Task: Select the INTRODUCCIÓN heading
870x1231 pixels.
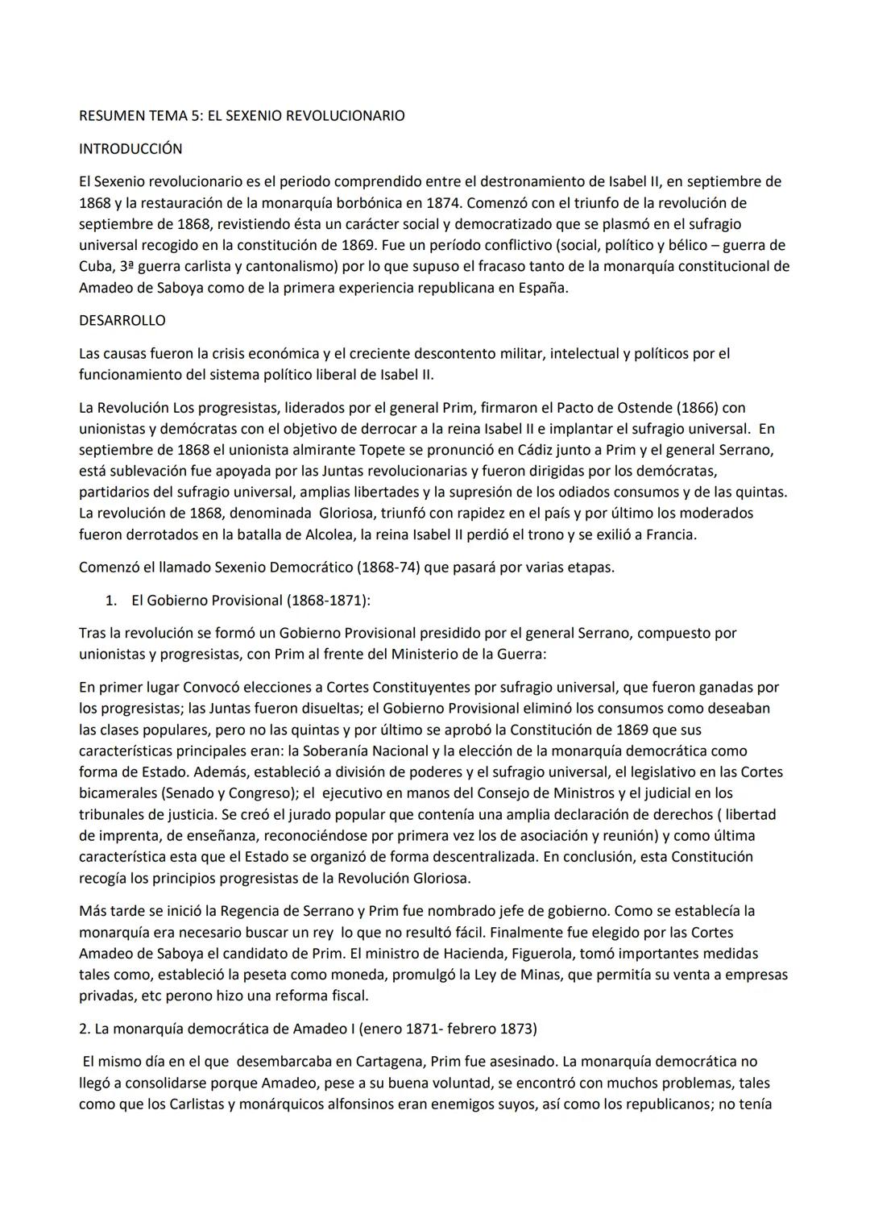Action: (130, 149)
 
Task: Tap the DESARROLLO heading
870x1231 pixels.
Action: (122, 320)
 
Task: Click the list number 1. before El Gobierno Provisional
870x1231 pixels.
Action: (114, 601)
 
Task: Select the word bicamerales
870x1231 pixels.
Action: (119, 793)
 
